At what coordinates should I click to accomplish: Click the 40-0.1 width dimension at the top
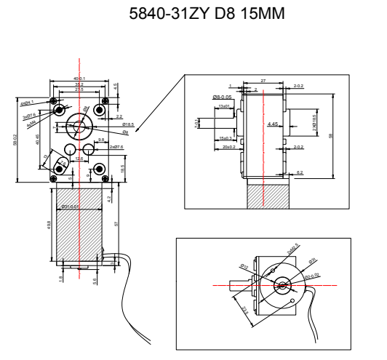coord(79,79)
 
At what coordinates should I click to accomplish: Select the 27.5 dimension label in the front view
coord(79,91)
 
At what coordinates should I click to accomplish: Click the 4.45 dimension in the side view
coord(273,125)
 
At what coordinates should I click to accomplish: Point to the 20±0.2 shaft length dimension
coord(228,148)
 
